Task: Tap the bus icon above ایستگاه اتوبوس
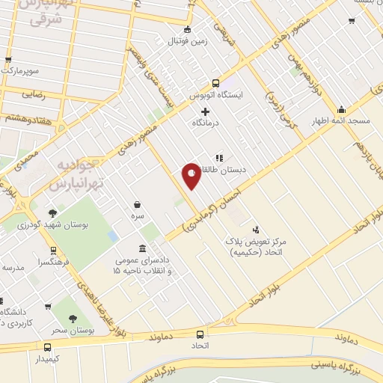pos(215,84)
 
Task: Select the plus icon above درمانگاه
pos(205,111)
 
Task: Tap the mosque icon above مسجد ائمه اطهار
pos(341,109)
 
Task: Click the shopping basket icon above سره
pos(138,204)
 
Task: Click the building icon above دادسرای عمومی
pos(143,248)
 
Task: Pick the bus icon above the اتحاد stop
pos(200,334)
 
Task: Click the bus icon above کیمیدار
pos(47,347)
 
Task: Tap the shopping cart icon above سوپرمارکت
pos(8,60)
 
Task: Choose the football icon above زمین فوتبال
pos(187,30)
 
